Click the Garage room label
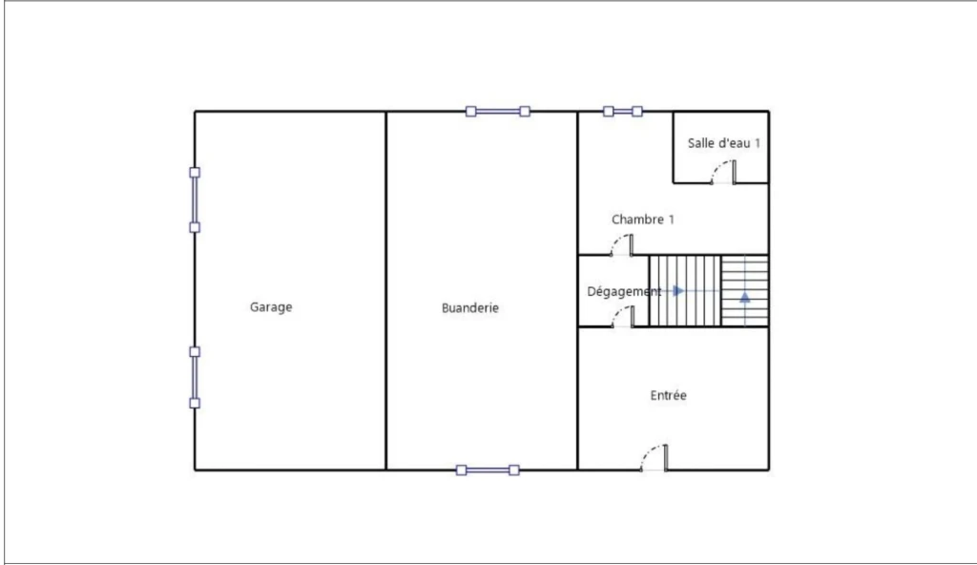pyautogui.click(x=271, y=307)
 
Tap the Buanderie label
pyautogui.click(x=469, y=308)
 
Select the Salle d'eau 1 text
pyautogui.click(x=724, y=143)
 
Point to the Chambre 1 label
pyautogui.click(x=642, y=220)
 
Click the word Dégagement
pyautogui.click(x=624, y=291)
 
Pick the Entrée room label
pyautogui.click(x=668, y=395)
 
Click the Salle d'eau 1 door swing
pyautogui.click(x=723, y=172)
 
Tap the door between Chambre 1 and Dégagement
pyautogui.click(x=622, y=245)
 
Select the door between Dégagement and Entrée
pyautogui.click(x=622, y=317)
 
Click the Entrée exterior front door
pyautogui.click(x=655, y=458)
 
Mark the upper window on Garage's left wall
pyautogui.click(x=195, y=199)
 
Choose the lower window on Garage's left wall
pyautogui.click(x=195, y=377)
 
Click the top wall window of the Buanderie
pyautogui.click(x=498, y=112)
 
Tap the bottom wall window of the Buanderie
pyautogui.click(x=488, y=471)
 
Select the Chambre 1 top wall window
pyautogui.click(x=622, y=112)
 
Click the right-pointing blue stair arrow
pyautogui.click(x=678, y=291)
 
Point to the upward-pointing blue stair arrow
pyautogui.click(x=745, y=297)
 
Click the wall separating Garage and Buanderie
pyautogui.click(x=386, y=290)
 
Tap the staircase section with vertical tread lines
pyautogui.click(x=685, y=290)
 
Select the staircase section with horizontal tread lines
pyautogui.click(x=745, y=290)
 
